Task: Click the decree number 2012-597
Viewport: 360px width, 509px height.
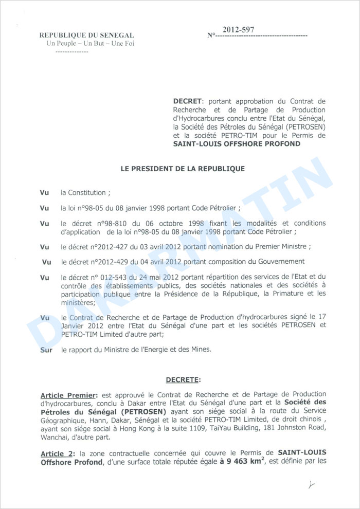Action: click(238, 30)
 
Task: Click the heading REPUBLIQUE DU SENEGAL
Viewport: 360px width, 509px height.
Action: click(87, 35)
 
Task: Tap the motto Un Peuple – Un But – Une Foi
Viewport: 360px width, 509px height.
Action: click(90, 43)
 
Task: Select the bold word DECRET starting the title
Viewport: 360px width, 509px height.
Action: click(188, 101)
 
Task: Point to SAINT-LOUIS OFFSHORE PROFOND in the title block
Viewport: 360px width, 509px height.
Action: click(237, 144)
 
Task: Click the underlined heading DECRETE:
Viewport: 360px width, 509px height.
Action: click(183, 380)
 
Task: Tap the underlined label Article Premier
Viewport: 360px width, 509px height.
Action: click(68, 395)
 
